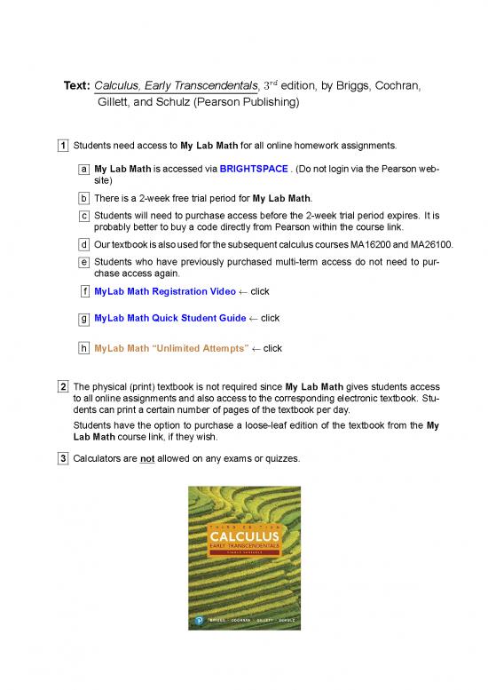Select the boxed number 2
(x=64, y=387)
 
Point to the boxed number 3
(x=64, y=458)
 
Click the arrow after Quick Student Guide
(x=253, y=318)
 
